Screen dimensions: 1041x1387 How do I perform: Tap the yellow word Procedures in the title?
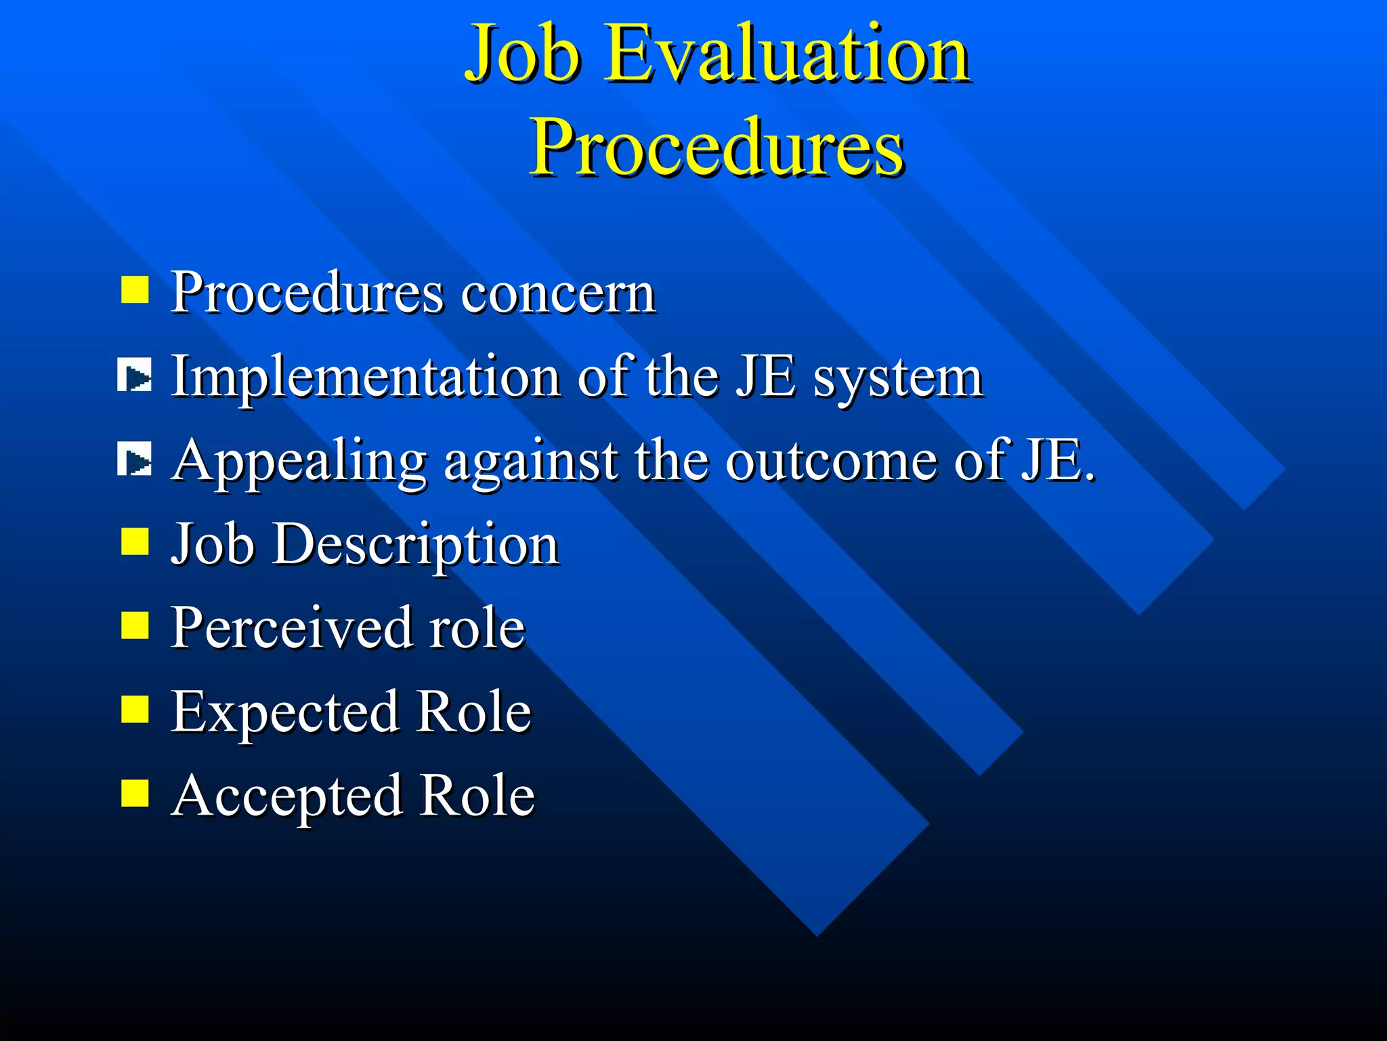click(717, 148)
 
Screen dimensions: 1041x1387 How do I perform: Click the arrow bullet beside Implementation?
click(135, 376)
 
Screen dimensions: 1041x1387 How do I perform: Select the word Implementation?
click(365, 377)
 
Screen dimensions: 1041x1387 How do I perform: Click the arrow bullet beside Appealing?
click(135, 460)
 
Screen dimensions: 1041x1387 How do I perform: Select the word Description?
click(415, 546)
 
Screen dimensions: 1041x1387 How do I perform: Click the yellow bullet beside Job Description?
click(135, 542)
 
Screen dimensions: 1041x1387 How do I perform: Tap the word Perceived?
click(291, 628)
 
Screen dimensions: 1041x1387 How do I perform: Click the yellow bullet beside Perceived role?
click(135, 626)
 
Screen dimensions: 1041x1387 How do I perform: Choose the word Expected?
click(284, 712)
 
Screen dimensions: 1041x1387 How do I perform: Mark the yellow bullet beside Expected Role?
click(135, 710)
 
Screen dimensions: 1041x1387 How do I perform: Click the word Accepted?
click(287, 796)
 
